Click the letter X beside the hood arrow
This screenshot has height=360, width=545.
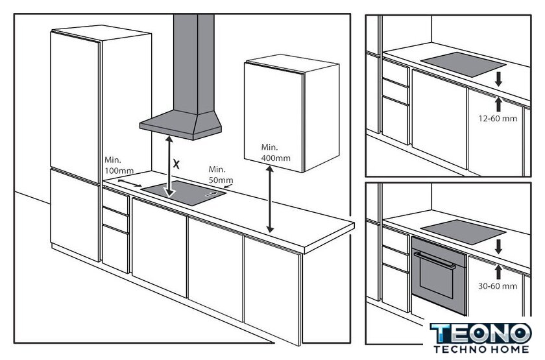pyautogui.click(x=176, y=164)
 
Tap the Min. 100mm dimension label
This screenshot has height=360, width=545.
pyautogui.click(x=119, y=165)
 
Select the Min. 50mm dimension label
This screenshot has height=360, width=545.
pyautogui.click(x=221, y=174)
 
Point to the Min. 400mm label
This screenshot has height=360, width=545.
pyautogui.click(x=276, y=152)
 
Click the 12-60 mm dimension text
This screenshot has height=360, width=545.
pyautogui.click(x=498, y=119)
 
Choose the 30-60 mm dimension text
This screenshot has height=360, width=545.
pyautogui.click(x=498, y=286)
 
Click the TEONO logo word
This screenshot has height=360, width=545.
pyautogui.click(x=481, y=333)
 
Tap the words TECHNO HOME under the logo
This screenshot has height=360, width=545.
pyautogui.click(x=481, y=349)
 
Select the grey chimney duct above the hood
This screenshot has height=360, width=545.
pyautogui.click(x=193, y=64)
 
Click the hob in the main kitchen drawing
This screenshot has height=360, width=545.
pyautogui.click(x=184, y=193)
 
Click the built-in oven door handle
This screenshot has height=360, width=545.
pyautogui.click(x=435, y=260)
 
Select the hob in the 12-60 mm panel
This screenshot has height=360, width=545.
pyautogui.click(x=463, y=64)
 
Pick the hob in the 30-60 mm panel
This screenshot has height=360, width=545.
pyautogui.click(x=463, y=232)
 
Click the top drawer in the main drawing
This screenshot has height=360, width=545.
pyautogui.click(x=115, y=200)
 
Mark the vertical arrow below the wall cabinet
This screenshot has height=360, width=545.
pyautogui.click(x=270, y=199)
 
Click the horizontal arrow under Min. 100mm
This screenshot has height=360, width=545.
pyautogui.click(x=130, y=183)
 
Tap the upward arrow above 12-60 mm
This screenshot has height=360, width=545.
pyautogui.click(x=499, y=104)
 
